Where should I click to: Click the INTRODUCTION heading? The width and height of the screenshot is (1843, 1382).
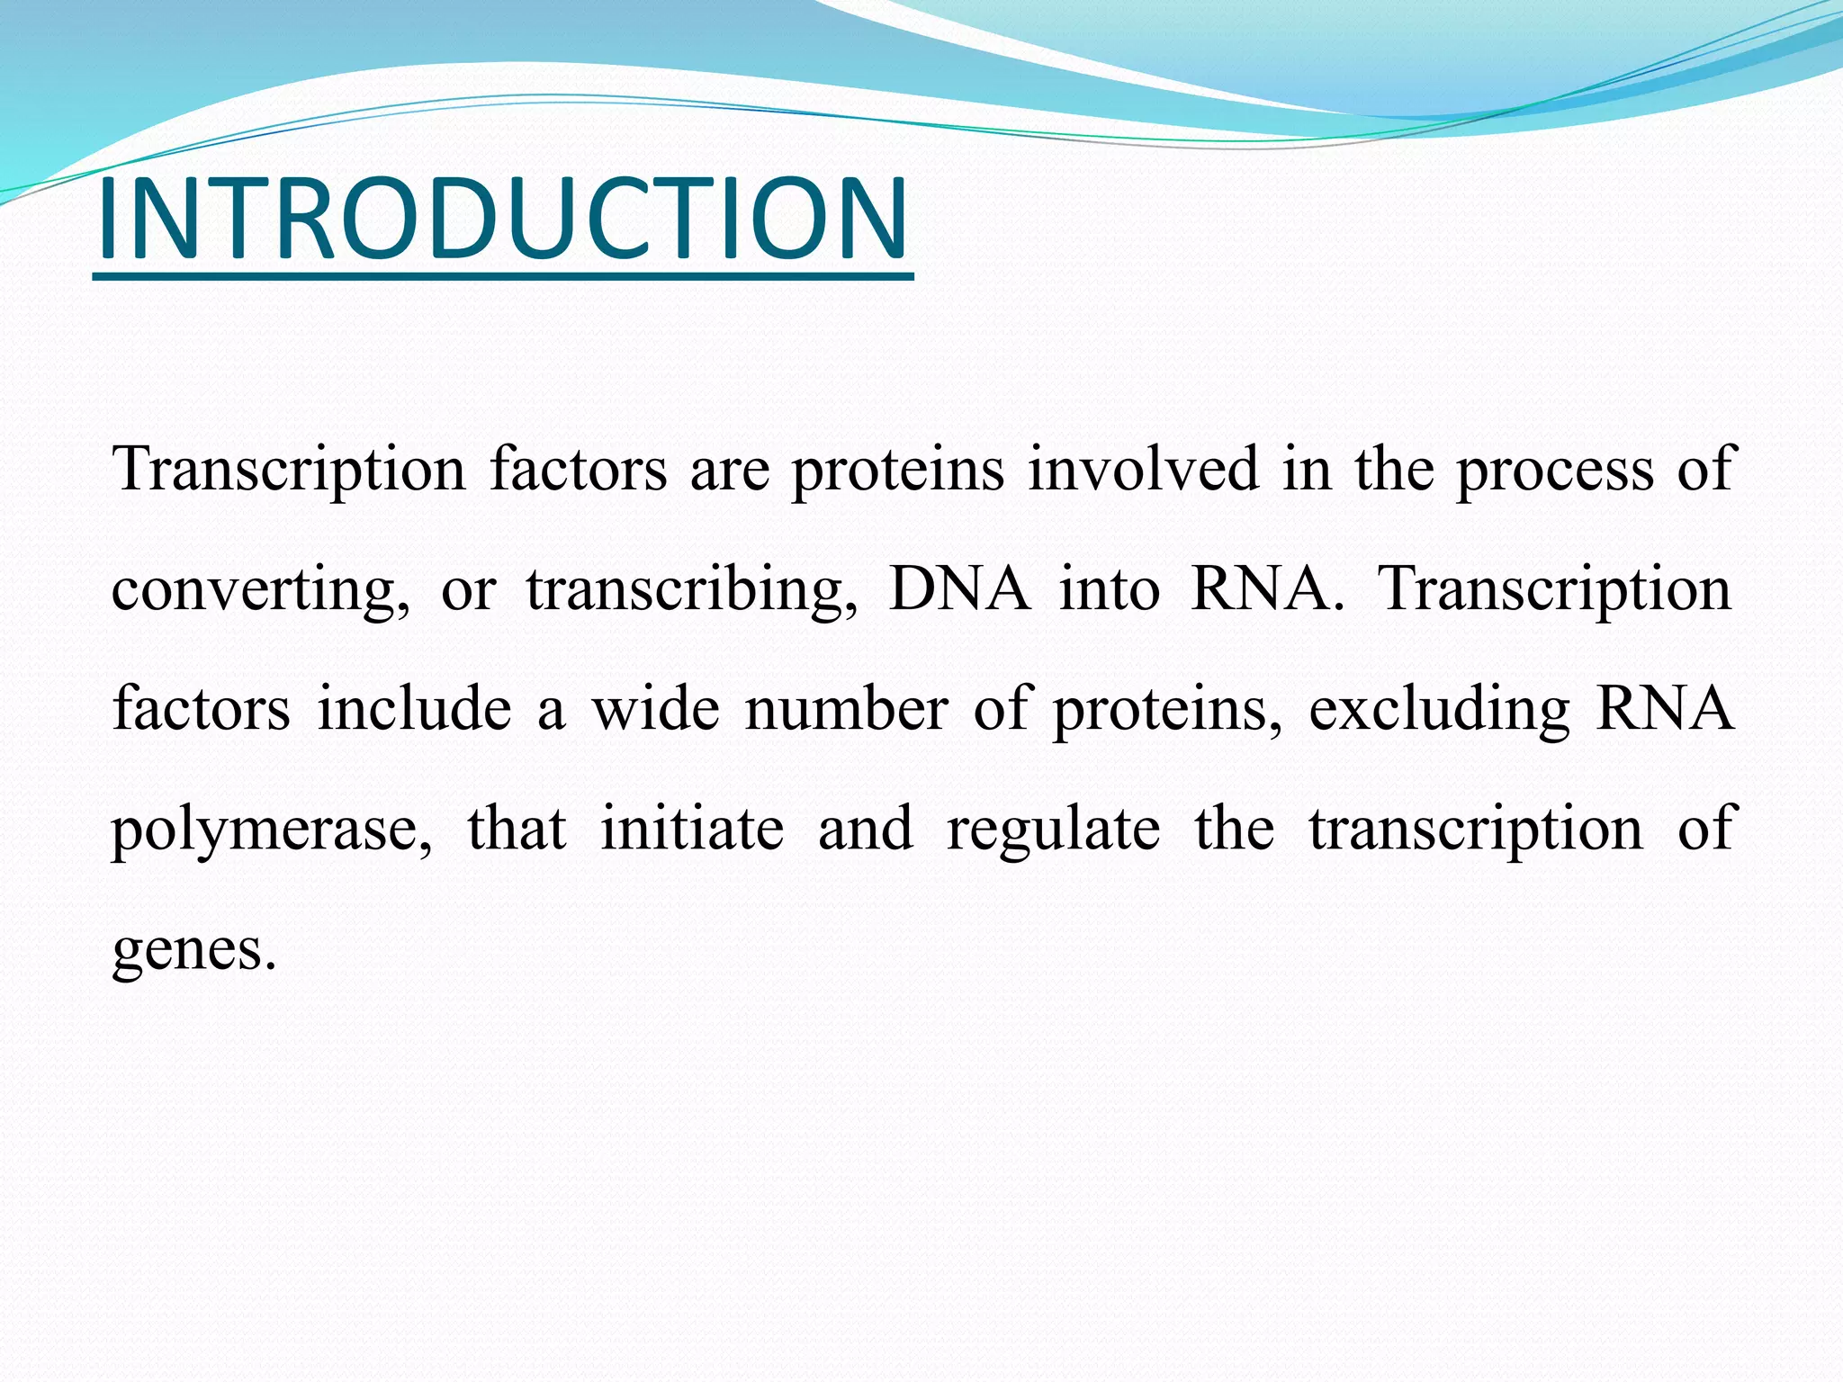502,219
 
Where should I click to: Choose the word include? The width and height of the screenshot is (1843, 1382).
414,708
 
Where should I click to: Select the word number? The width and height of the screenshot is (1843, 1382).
847,708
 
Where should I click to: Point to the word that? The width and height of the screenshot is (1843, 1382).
517,828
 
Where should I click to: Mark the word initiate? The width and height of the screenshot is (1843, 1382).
692,828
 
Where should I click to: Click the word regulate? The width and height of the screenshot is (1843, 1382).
1054,830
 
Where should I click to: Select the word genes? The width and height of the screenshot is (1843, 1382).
193,949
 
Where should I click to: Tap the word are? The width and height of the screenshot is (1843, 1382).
730,471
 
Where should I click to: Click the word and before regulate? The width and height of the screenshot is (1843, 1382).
865,828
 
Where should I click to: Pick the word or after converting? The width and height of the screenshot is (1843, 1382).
468,590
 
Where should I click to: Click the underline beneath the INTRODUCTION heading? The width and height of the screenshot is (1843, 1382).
502,276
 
